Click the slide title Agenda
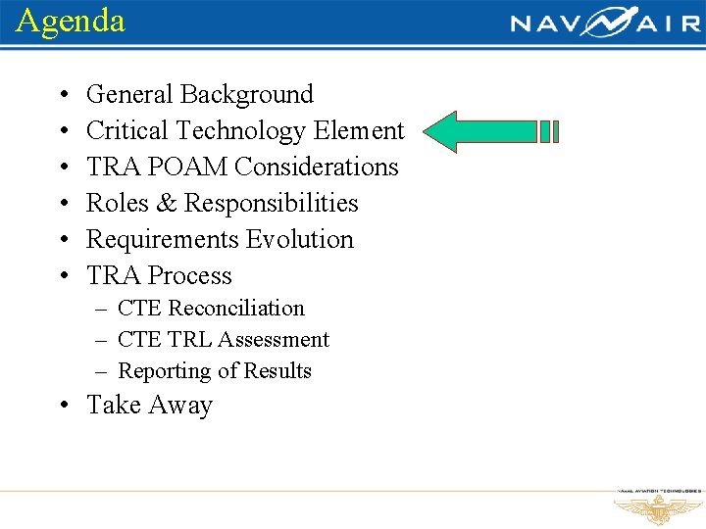[71, 21]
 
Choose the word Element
[359, 131]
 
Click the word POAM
[191, 168]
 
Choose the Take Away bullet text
[150, 406]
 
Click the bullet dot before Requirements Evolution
[62, 241]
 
